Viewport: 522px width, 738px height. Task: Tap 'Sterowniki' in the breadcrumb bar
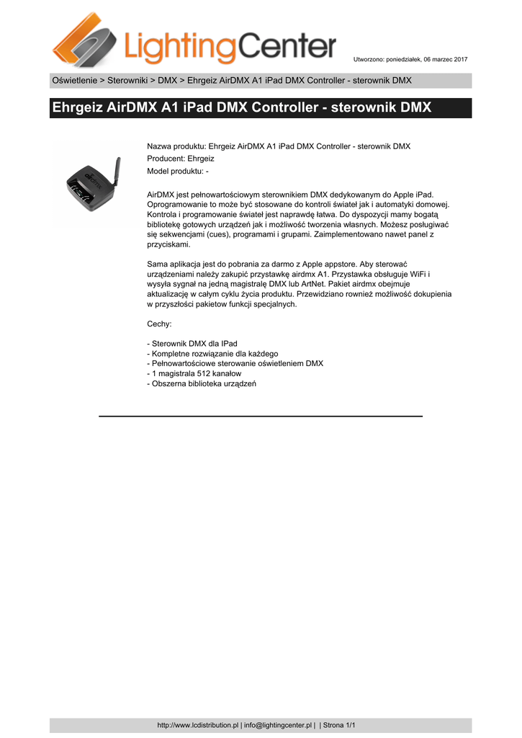point(127,80)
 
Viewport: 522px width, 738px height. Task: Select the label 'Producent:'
point(166,159)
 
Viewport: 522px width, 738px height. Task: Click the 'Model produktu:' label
point(176,171)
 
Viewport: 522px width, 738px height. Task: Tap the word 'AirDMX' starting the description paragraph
point(161,195)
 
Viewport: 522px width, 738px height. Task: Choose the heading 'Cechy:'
point(159,324)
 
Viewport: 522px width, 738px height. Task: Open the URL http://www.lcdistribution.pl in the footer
point(197,725)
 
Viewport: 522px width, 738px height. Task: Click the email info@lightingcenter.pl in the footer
point(277,725)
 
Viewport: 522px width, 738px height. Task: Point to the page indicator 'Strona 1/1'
point(339,725)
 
